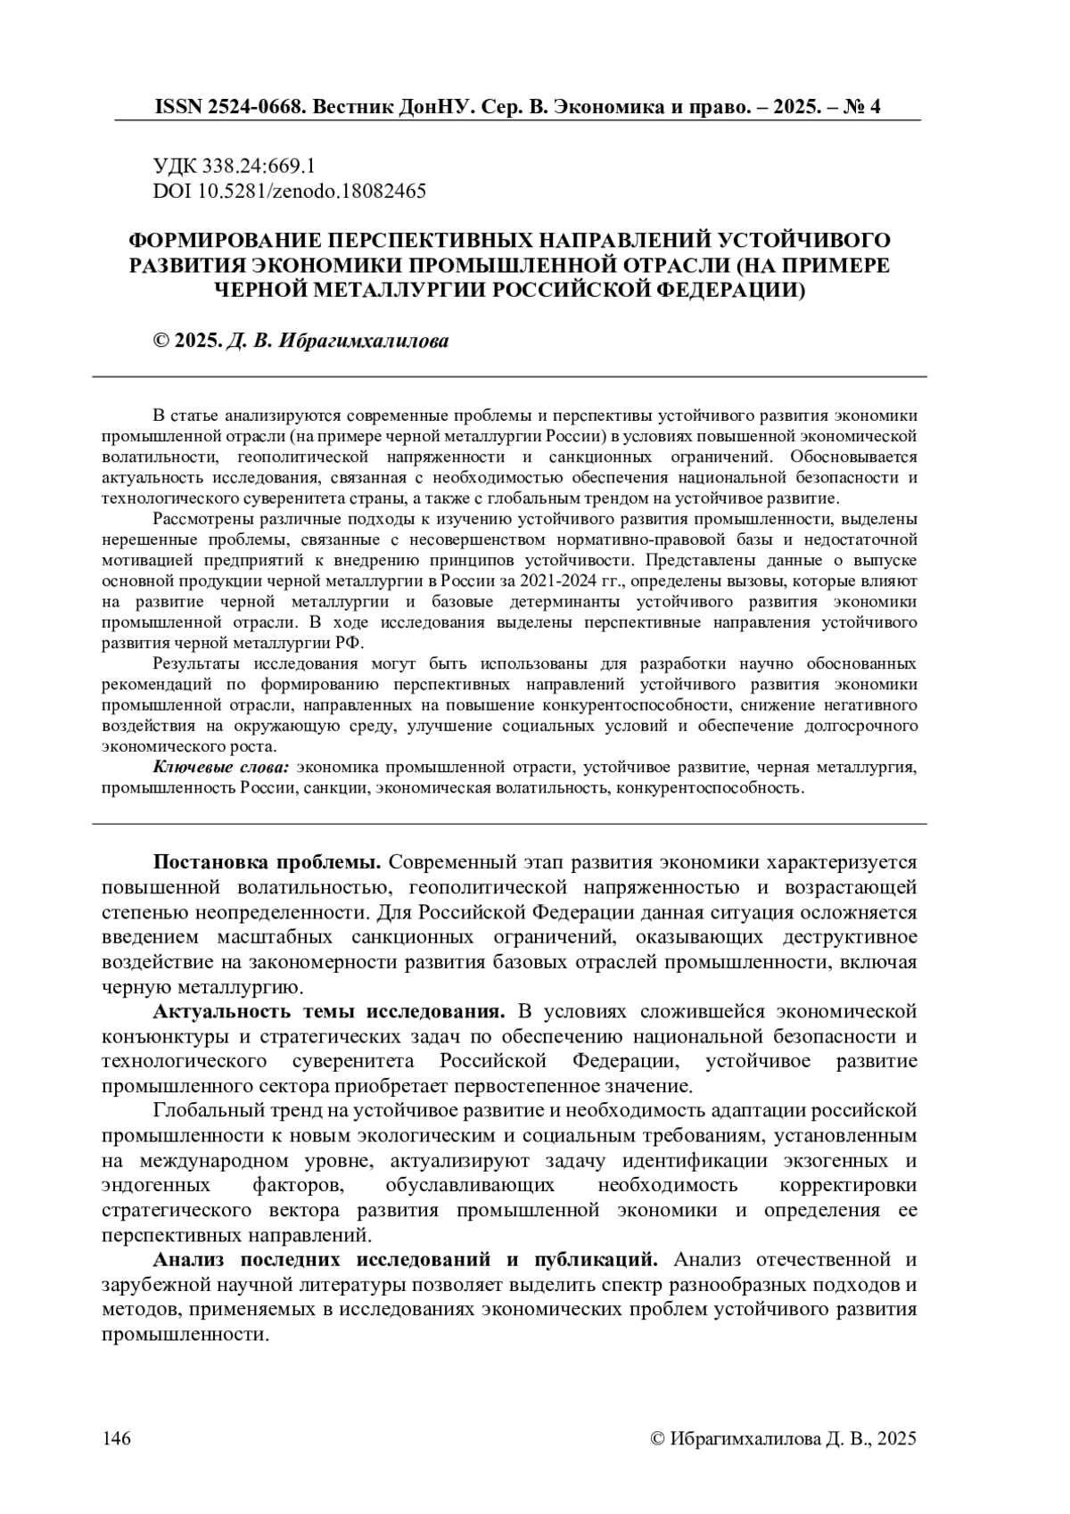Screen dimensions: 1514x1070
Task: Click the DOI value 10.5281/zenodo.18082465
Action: pyautogui.click(x=307, y=191)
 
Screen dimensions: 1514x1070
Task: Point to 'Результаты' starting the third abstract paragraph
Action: pyautogui.click(x=198, y=663)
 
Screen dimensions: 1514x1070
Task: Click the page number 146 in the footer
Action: pyautogui.click(x=118, y=1438)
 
